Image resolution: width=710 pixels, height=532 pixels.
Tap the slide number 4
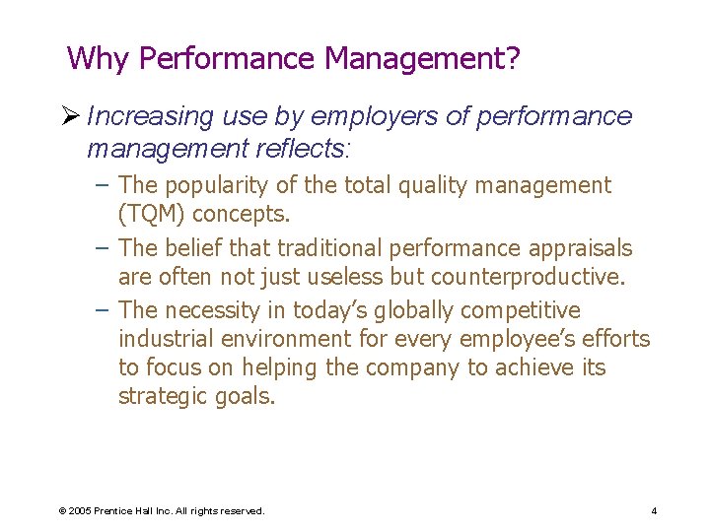tap(654, 510)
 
